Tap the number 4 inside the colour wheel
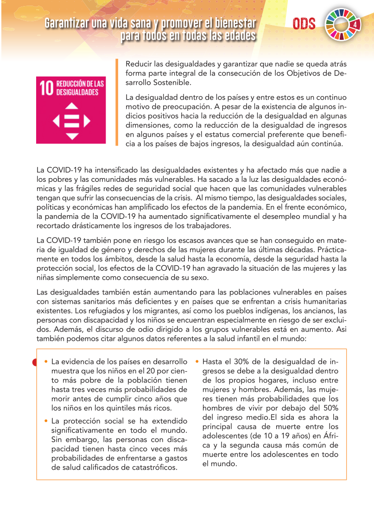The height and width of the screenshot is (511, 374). pos(355,24)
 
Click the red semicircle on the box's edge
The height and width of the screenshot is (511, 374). pos(35,362)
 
